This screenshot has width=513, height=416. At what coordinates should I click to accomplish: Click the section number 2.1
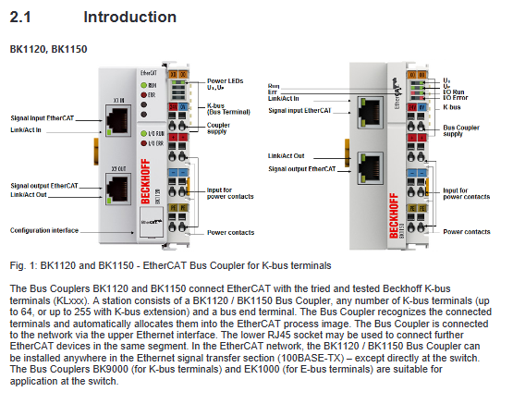(20, 17)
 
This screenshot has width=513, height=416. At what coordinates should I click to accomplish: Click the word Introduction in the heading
(130, 17)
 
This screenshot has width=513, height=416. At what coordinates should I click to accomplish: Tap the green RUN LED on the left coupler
(143, 85)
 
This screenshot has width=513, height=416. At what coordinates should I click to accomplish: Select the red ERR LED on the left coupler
(143, 95)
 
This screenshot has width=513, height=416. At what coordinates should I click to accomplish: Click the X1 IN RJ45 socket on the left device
(118, 120)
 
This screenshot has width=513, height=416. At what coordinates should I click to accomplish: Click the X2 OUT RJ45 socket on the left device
(118, 189)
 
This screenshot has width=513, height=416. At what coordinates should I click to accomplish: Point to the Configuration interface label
(44, 230)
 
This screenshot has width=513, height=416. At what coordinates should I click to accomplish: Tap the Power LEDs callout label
(226, 80)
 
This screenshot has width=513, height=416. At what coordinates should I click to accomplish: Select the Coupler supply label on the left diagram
(218, 128)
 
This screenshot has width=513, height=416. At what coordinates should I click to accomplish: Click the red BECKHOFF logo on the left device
(146, 181)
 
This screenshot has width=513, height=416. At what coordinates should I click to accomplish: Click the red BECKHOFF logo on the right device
(394, 215)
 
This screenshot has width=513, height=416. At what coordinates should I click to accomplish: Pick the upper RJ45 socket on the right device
(371, 112)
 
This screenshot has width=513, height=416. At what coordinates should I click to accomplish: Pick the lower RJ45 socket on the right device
(371, 168)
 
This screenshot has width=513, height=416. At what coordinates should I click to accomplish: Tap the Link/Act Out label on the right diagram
(287, 156)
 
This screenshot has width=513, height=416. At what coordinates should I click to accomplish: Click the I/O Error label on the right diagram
(456, 98)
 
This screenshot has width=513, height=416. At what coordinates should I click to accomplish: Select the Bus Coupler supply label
(461, 130)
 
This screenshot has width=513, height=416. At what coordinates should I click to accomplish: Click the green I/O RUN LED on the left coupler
(143, 133)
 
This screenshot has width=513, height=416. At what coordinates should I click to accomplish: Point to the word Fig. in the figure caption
(18, 265)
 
